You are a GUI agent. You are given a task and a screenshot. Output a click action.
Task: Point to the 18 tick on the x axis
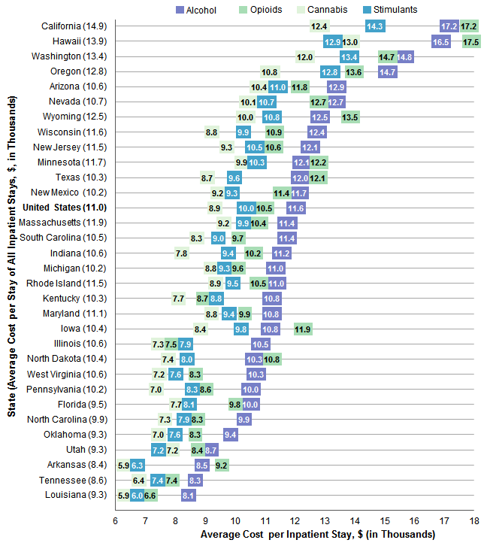473,520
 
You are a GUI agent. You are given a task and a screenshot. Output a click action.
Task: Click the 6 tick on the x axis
116,520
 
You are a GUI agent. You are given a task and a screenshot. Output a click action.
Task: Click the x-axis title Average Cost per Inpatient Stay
318,535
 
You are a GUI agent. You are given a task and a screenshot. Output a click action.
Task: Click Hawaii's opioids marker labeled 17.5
471,41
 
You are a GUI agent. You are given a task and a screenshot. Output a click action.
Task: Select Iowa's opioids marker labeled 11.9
303,329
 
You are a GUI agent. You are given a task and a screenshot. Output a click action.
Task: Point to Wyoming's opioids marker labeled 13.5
350,117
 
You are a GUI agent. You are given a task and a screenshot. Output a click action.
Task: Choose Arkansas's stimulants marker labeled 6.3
137,465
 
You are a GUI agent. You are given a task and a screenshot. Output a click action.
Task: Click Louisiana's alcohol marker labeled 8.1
189,495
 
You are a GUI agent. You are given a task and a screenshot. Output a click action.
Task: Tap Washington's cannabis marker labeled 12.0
305,56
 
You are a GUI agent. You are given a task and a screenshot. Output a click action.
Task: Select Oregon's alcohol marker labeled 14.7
388,71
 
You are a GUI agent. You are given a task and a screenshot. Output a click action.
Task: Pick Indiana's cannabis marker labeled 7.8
181,253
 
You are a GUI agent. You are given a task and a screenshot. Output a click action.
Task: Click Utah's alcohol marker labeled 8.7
210,450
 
